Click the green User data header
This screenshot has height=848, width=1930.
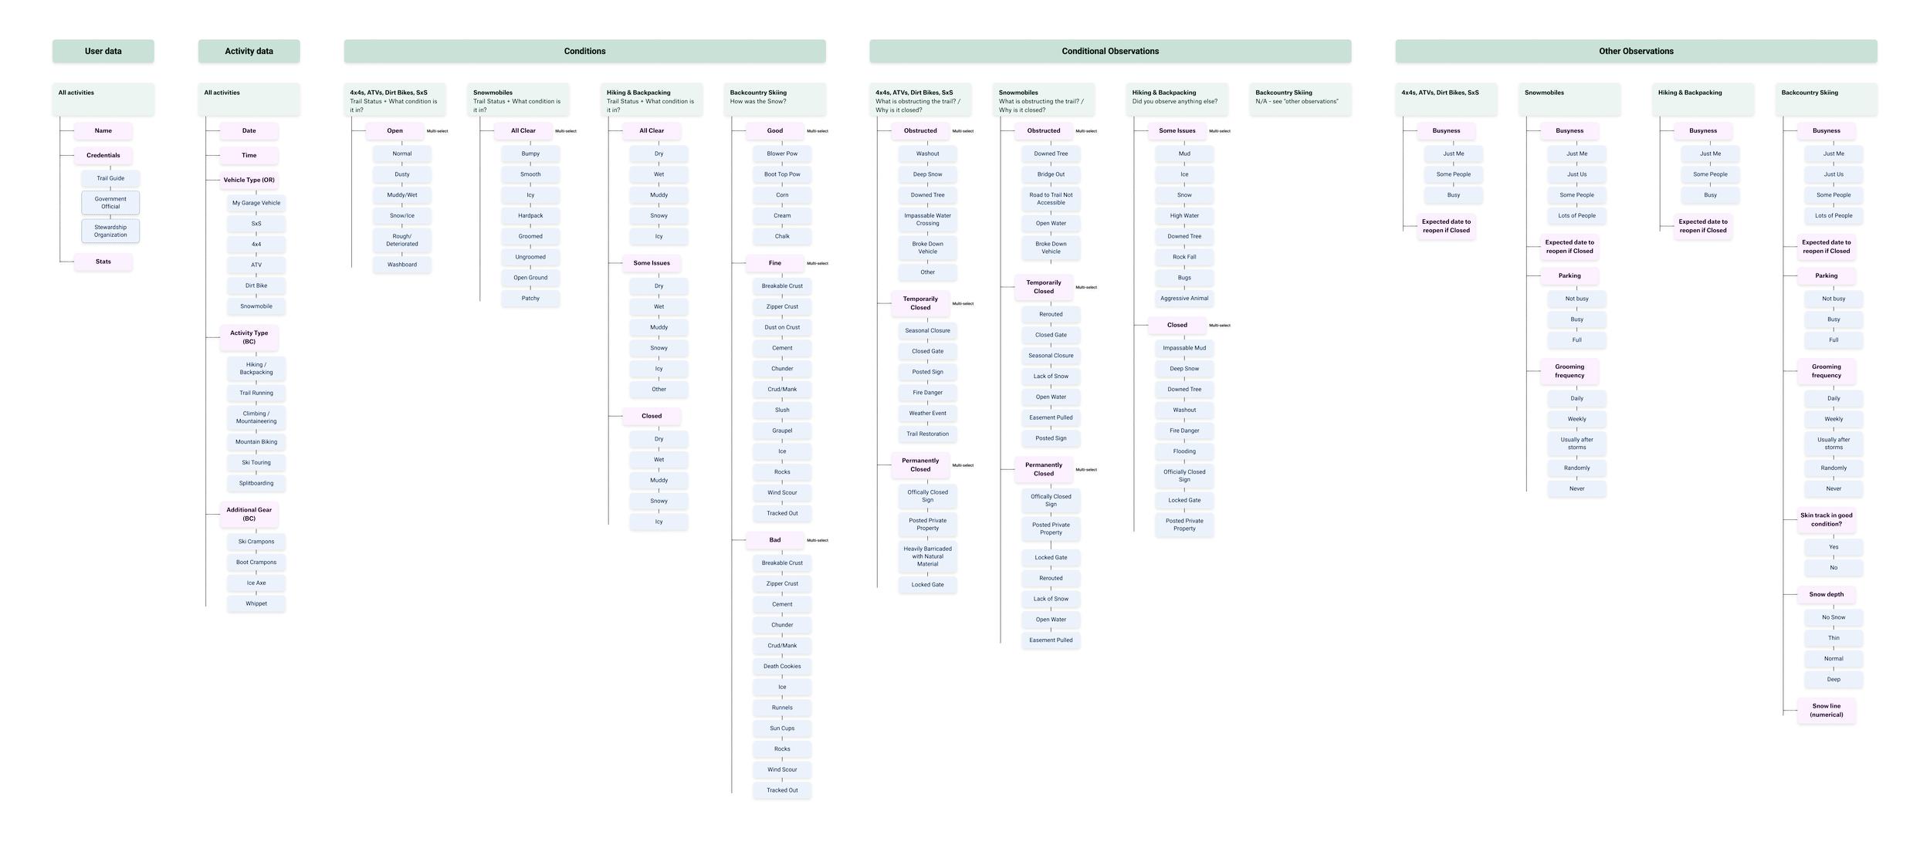[103, 51]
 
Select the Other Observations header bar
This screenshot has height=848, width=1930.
[1636, 51]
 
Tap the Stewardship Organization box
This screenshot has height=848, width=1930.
[110, 231]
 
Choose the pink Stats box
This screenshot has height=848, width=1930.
[103, 262]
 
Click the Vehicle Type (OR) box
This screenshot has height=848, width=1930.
[249, 180]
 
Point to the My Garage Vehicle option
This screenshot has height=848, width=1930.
[256, 203]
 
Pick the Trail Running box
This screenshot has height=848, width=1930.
[256, 393]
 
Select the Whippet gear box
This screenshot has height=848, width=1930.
[256, 603]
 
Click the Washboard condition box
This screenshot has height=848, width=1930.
[402, 265]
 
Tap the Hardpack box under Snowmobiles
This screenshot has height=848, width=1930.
[530, 216]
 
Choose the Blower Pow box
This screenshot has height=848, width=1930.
[782, 154]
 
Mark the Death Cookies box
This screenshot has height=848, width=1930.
[782, 666]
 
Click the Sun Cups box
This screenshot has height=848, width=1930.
[782, 728]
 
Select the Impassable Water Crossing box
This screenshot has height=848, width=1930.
[927, 219]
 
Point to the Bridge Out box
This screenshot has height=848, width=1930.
[1051, 174]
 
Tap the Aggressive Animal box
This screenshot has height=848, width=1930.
[1184, 299]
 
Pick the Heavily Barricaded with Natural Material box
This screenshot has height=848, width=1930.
[927, 556]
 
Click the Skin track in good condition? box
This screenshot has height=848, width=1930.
[1826, 519]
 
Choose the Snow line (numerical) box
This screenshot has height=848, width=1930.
[1826, 710]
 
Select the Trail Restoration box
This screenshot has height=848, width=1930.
[927, 434]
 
